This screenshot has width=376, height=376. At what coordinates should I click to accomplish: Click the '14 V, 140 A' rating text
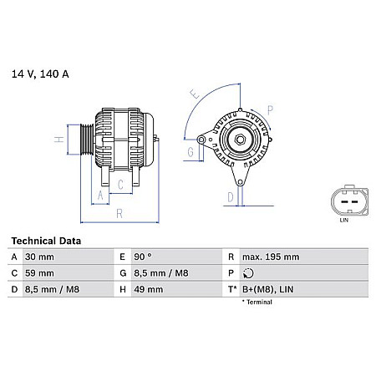click(40, 74)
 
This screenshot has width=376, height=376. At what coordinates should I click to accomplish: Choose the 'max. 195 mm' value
click(270, 257)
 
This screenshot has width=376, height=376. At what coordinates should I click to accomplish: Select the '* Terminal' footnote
click(257, 302)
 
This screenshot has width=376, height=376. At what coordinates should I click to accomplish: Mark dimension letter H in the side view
click(58, 140)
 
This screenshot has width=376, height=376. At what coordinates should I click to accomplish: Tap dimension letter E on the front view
click(195, 94)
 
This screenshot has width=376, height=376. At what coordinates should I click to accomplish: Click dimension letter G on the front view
click(191, 152)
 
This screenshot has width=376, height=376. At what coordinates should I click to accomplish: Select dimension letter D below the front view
click(230, 197)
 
